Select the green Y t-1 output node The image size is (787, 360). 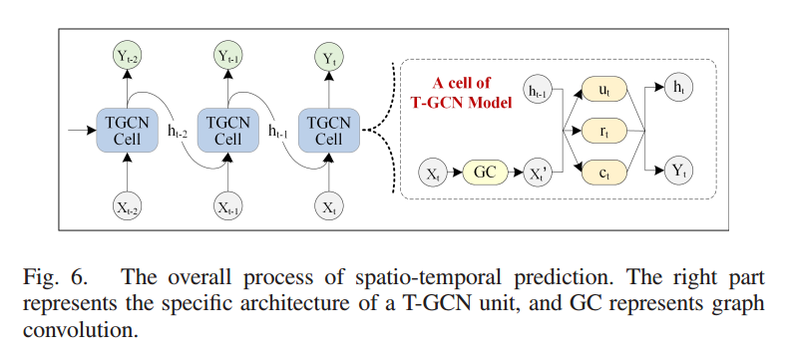pyautogui.click(x=228, y=59)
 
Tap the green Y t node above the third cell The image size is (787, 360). pyautogui.click(x=329, y=59)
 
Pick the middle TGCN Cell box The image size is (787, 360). pyautogui.click(x=228, y=130)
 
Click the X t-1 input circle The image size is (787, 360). pyautogui.click(x=228, y=208)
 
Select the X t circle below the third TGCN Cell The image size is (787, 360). pyautogui.click(x=329, y=208)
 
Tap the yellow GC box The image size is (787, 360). pyautogui.click(x=485, y=172)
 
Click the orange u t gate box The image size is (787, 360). pyautogui.click(x=604, y=90)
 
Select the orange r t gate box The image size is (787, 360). pyautogui.click(x=604, y=131)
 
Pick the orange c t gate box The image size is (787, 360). pyautogui.click(x=604, y=172)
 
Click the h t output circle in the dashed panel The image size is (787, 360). pyautogui.click(x=679, y=90)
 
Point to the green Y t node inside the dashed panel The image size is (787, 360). pyautogui.click(x=679, y=172)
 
